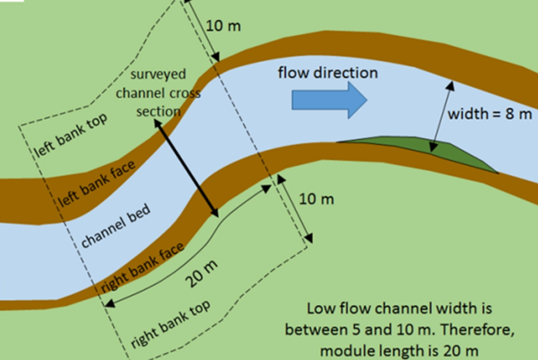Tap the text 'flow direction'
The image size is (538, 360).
328,73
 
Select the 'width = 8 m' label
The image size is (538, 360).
490,114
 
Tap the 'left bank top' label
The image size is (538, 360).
71,136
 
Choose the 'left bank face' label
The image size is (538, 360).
97,182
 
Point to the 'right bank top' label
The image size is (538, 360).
170,323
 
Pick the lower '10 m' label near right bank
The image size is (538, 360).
317,200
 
